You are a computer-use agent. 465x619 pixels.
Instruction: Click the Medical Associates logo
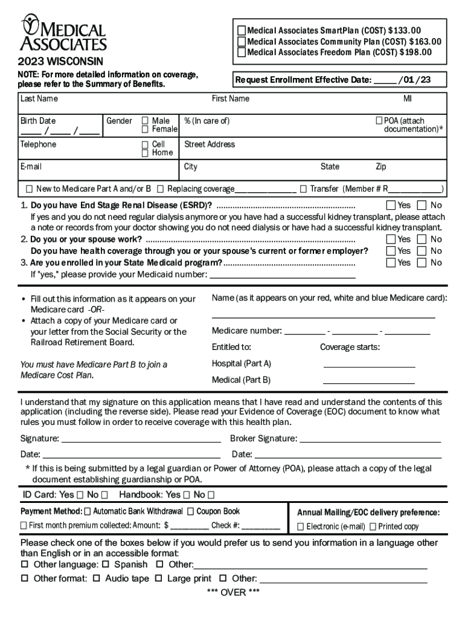pyautogui.click(x=63, y=34)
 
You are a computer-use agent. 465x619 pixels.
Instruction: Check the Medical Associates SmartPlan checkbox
pyautogui.click(x=242, y=31)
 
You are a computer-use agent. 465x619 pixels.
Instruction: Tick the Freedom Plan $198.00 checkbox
pyautogui.click(x=242, y=53)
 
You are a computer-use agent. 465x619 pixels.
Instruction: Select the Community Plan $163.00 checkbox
pyautogui.click(x=242, y=42)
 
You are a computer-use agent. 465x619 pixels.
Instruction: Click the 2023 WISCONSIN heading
pyautogui.click(x=60, y=62)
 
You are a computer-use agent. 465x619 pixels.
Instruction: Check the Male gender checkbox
pyautogui.click(x=145, y=121)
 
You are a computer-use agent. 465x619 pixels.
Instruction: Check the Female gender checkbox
pyautogui.click(x=145, y=129)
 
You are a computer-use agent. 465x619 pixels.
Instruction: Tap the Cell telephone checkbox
pyautogui.click(x=145, y=144)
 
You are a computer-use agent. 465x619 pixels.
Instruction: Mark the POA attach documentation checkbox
pyautogui.click(x=379, y=121)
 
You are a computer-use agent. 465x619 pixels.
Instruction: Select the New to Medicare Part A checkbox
pyautogui.click(x=30, y=189)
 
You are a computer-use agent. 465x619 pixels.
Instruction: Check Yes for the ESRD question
pyautogui.click(x=391, y=206)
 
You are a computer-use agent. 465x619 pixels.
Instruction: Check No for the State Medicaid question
pyautogui.click(x=422, y=262)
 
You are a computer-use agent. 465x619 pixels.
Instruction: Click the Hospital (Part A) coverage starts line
pyautogui.click(x=369, y=366)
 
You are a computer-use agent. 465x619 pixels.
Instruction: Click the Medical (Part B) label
pyautogui.click(x=241, y=380)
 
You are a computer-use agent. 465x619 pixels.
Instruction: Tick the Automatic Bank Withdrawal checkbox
pyautogui.click(x=88, y=511)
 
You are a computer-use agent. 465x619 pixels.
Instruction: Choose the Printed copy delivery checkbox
pyautogui.click(x=373, y=527)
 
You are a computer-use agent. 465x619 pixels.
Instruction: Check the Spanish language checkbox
pyautogui.click(x=105, y=565)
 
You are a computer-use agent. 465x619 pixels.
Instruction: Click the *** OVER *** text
pyautogui.click(x=232, y=592)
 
